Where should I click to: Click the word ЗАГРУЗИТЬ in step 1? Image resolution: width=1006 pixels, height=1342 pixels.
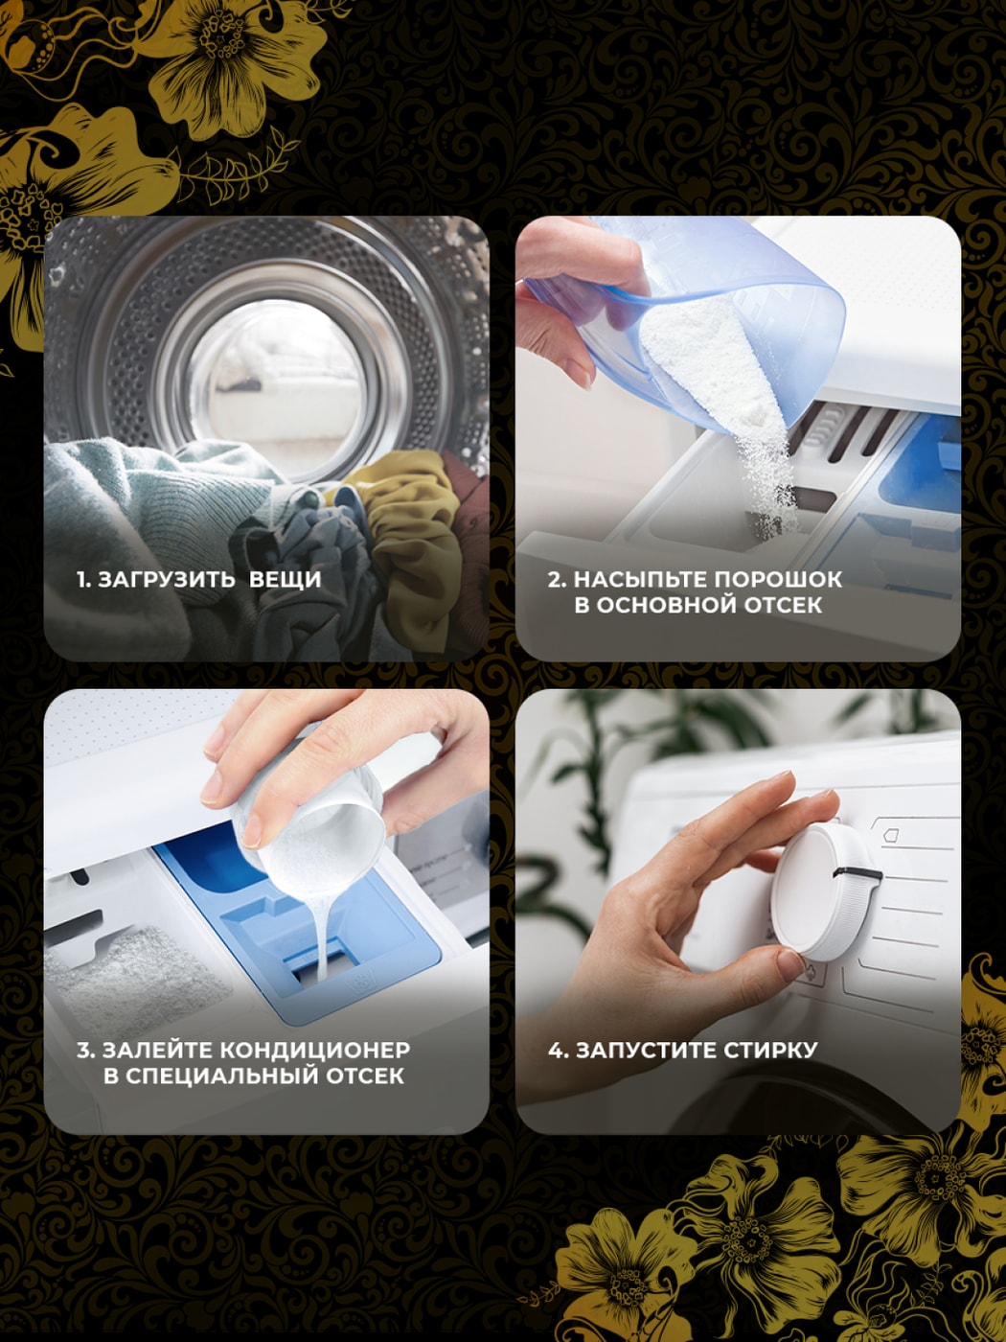click(x=167, y=579)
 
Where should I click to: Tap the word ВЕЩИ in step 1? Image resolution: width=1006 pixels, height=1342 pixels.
click(x=286, y=579)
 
